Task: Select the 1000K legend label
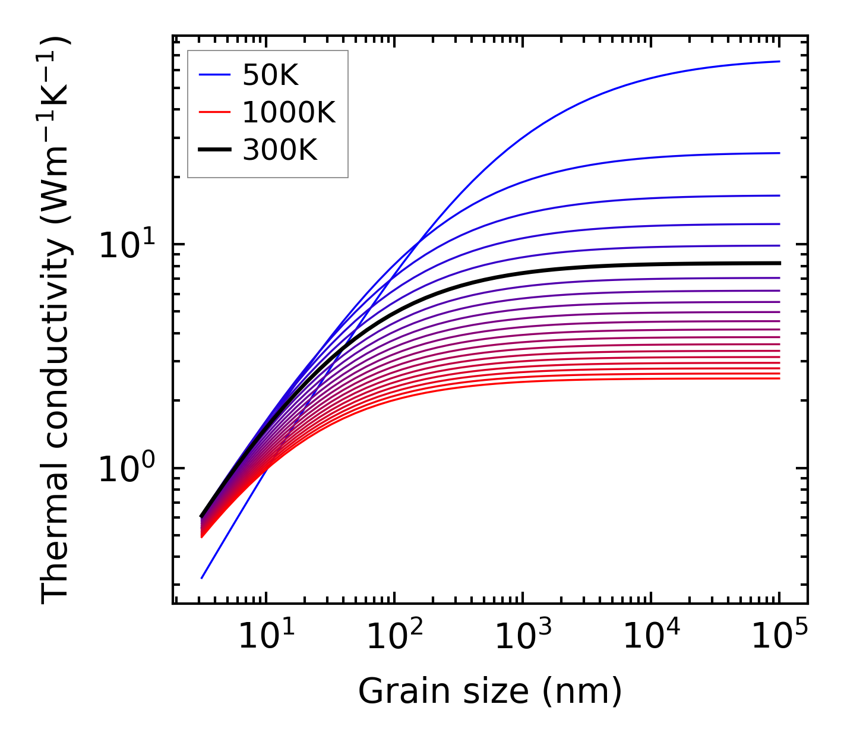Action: pos(289,112)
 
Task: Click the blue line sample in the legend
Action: pos(214,75)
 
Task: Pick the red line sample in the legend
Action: pos(214,112)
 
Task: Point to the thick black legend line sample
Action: pos(214,150)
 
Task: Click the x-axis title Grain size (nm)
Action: pos(490,692)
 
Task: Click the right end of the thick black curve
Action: pos(779,263)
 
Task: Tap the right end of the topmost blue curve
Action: pos(779,61)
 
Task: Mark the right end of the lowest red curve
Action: pos(779,378)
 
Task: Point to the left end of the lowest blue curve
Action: pos(203,577)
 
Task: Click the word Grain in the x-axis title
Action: pos(394,692)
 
